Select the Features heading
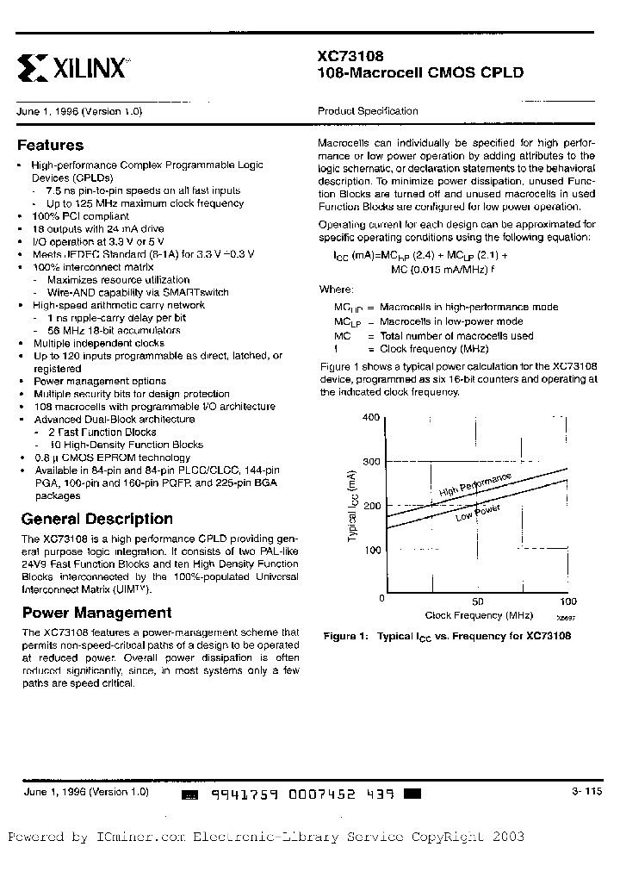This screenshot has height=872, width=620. point(51,146)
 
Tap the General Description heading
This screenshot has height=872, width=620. point(96,519)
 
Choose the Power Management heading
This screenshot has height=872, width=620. point(96,613)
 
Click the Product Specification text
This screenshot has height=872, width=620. point(368,111)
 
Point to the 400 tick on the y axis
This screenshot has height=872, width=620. point(370,417)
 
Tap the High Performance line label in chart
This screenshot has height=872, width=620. point(475,485)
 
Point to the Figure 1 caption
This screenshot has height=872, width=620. point(447,637)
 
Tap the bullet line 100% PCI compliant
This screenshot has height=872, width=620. point(80,216)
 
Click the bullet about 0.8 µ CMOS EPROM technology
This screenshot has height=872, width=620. point(111,458)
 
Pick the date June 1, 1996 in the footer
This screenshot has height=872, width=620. point(52,791)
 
